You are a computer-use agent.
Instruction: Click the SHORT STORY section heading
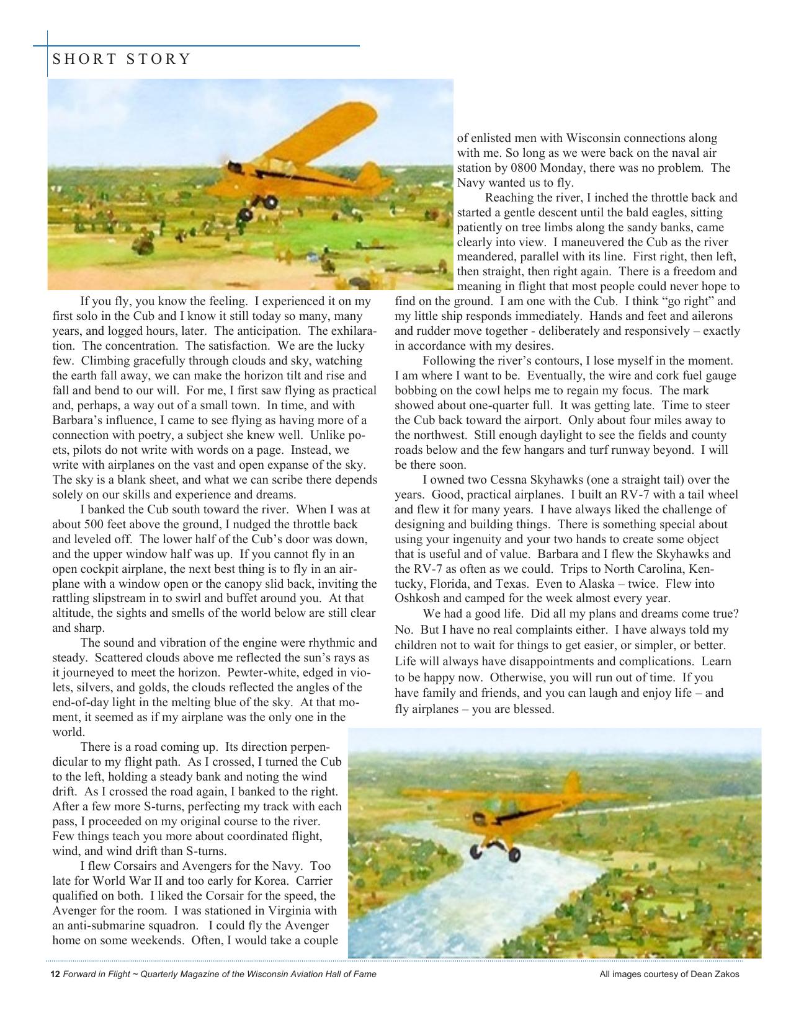(122, 60)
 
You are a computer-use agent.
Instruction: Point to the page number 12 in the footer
(55, 975)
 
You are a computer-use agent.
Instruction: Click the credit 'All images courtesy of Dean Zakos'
(669, 975)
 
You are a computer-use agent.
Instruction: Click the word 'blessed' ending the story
(532, 709)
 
